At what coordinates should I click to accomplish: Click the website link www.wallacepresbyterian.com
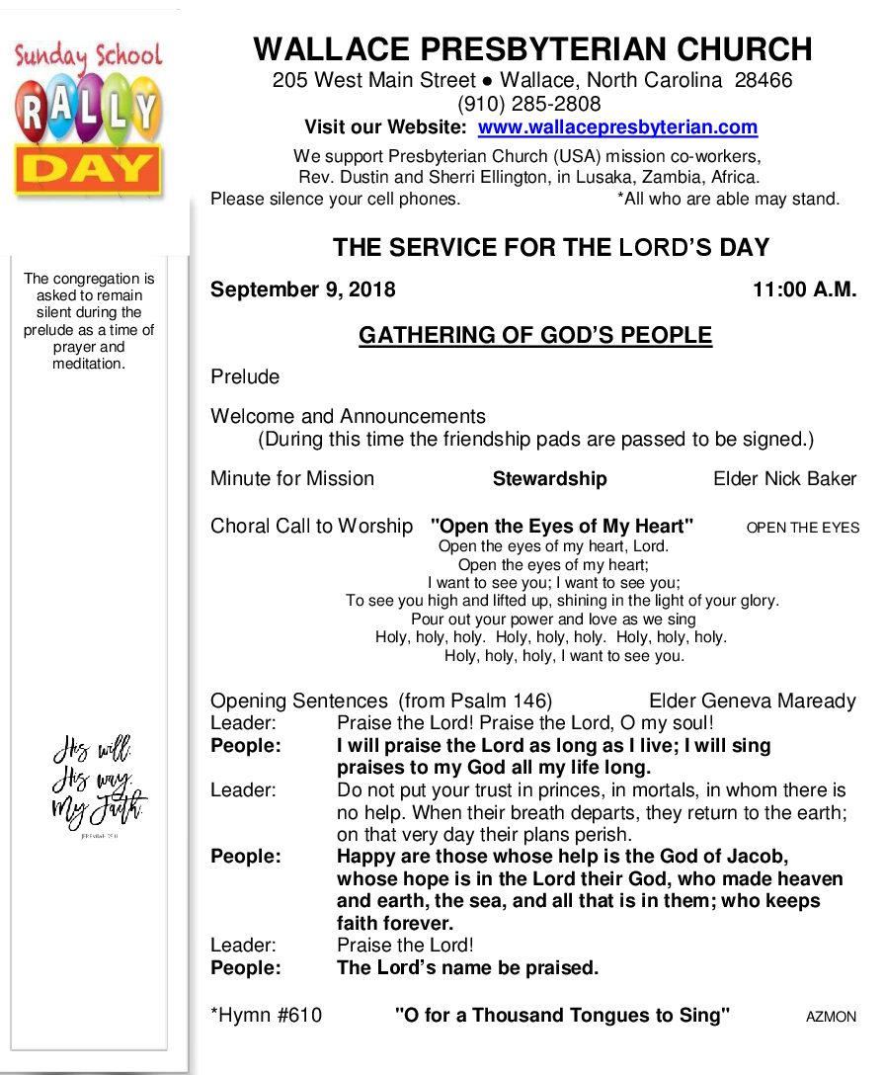coord(617,127)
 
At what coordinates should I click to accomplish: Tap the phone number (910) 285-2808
coord(528,104)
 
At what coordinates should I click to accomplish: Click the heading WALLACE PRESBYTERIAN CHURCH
coord(532,49)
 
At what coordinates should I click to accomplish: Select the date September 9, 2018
coord(302,289)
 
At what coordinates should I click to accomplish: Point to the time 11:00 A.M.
coord(804,289)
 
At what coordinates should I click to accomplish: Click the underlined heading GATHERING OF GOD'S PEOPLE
coord(534,336)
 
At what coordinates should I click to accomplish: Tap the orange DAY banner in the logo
coord(89,171)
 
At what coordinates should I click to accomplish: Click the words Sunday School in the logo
coord(89,56)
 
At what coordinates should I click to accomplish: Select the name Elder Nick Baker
coord(784,478)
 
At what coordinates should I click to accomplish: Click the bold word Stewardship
coord(549,478)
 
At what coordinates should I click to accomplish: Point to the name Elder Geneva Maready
coord(752,701)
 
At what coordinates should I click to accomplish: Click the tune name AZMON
coord(831,1017)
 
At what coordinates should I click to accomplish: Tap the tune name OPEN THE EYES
coord(802,528)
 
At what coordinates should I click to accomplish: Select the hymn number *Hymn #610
coord(266,1015)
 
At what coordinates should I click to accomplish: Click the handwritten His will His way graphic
coord(99,781)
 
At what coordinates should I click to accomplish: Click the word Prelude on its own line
coord(245,376)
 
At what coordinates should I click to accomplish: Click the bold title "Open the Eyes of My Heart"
coord(562,526)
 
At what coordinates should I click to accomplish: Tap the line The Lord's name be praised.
coord(467,967)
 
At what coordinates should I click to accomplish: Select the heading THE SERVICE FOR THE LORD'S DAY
coord(550,247)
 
